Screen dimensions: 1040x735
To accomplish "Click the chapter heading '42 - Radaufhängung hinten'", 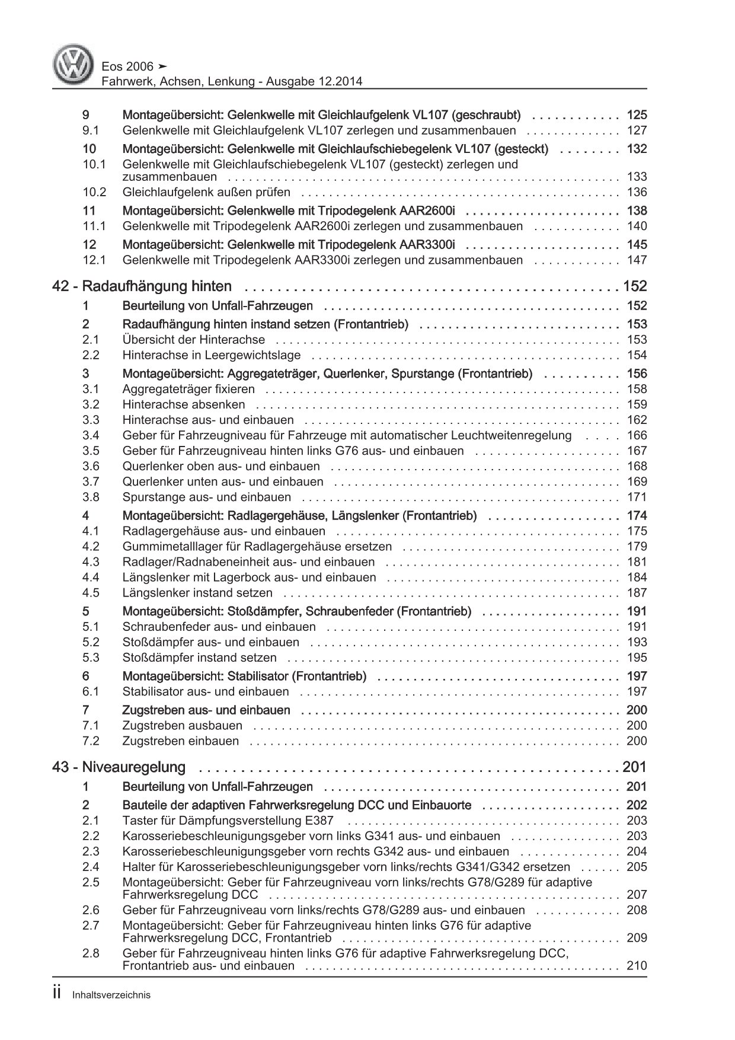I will (x=142, y=287).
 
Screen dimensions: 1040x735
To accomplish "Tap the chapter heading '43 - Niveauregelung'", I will (x=119, y=768).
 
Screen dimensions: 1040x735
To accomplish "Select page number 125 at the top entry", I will (x=637, y=115).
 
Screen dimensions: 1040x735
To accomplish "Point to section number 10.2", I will (x=94, y=192).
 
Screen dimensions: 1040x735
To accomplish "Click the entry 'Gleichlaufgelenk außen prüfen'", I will (x=206, y=192).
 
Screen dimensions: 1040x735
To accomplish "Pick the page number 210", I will (x=637, y=966).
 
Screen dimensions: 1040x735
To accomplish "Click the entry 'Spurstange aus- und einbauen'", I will (x=207, y=497).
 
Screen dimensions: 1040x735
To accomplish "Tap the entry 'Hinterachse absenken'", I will (x=183, y=404).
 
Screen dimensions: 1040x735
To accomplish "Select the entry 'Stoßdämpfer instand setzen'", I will (x=199, y=658).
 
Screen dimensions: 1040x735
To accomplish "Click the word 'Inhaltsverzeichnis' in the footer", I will (x=111, y=996).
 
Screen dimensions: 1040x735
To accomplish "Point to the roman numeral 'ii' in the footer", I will (x=57, y=994).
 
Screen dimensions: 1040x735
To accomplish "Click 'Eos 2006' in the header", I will (x=129, y=66).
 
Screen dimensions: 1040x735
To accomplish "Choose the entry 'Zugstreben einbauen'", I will (x=181, y=741).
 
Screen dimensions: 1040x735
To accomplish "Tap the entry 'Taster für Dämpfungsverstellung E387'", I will (x=228, y=821).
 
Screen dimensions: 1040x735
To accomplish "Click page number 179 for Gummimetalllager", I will (x=637, y=547).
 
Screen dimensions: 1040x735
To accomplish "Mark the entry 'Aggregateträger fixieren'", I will (x=188, y=389).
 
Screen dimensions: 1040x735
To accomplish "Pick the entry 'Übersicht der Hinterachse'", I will (x=194, y=340).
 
